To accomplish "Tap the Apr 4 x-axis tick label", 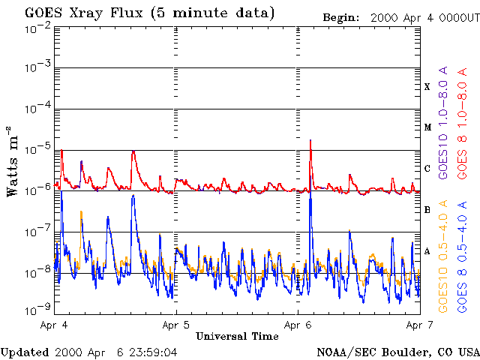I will click(55, 325).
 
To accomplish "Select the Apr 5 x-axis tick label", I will click(176, 325).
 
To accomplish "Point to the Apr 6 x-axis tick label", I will click(298, 325).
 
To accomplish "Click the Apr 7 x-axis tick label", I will click(418, 325).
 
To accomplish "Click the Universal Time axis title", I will click(237, 337).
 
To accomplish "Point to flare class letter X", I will click(427, 87).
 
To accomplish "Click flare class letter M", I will click(427, 127).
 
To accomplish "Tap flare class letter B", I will click(427, 210).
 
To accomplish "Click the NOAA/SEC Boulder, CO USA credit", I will click(398, 352).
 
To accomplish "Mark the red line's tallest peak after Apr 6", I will click(310, 140).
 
